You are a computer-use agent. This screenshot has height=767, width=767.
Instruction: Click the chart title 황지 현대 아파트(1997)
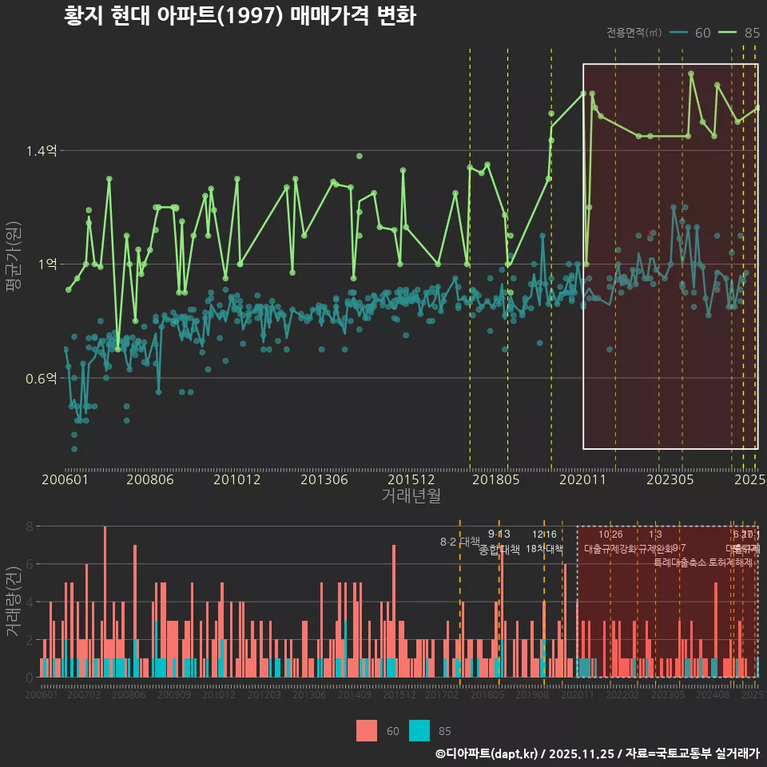tap(239, 16)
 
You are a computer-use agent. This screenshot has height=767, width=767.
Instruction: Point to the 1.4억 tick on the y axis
tap(42, 150)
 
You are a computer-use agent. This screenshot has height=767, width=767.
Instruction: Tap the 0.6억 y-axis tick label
tap(42, 378)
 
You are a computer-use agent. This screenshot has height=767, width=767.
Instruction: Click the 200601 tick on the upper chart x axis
tap(65, 480)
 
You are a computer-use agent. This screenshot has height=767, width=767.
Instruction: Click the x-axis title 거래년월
tap(411, 496)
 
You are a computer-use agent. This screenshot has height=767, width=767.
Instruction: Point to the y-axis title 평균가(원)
tap(13, 264)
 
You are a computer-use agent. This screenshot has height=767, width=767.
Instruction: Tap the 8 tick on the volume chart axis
tap(30, 527)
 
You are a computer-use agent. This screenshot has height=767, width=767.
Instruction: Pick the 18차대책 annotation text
tap(544, 549)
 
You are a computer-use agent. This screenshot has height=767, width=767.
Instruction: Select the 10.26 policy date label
tap(610, 535)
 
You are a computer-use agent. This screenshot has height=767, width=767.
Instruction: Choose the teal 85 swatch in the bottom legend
tap(419, 730)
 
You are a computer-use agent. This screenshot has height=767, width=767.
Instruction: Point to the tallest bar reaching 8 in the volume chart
tap(105, 601)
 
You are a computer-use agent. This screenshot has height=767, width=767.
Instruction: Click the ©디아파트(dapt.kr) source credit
tap(488, 753)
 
